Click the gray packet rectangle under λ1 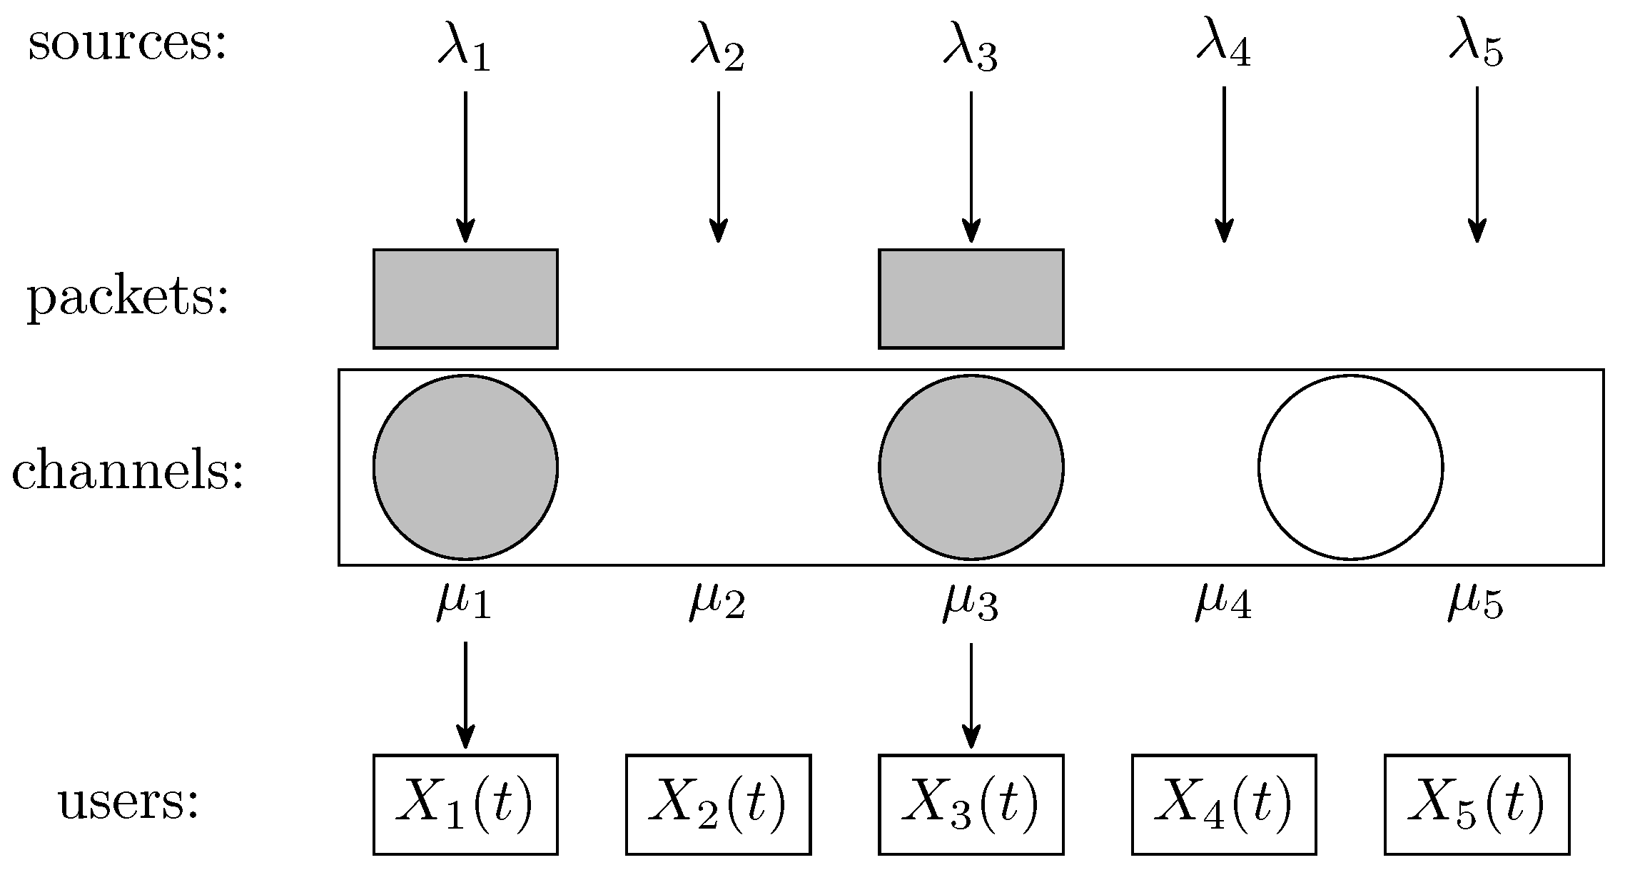click(x=465, y=299)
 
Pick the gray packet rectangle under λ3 click(x=971, y=299)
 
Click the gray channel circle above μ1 click(x=465, y=467)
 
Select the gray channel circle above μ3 click(x=971, y=467)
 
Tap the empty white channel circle click(x=1350, y=467)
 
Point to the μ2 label click(x=717, y=601)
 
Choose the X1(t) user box click(x=465, y=804)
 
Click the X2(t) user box click(x=718, y=804)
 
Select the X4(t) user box click(x=1224, y=804)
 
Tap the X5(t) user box click(x=1477, y=804)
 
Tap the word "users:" click(x=128, y=801)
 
